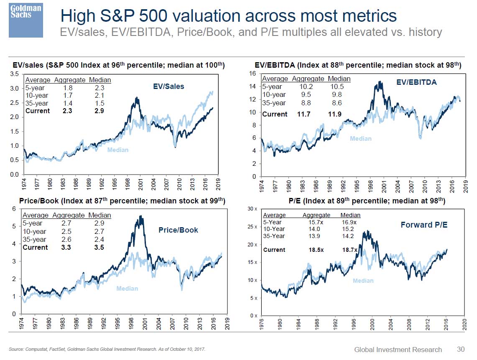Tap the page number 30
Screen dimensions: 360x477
pos(460,350)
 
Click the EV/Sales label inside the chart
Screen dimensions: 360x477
pos(168,86)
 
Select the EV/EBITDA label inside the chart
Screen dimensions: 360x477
pos(416,82)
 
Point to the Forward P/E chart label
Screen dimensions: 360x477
pos(423,225)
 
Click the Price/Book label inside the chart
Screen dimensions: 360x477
pos(178,230)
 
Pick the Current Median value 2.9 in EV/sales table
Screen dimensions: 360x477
pos(99,111)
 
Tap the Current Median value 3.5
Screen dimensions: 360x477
pos(99,247)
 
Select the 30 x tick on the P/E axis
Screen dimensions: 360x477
pos(253,208)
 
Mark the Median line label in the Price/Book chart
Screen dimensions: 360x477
pos(127,289)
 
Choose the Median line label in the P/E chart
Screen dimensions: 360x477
pos(363,281)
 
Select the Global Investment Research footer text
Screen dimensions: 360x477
pos(398,350)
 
